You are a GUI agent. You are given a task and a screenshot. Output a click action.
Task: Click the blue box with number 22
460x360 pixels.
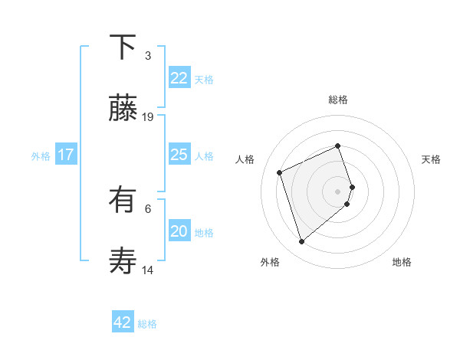tap(179, 78)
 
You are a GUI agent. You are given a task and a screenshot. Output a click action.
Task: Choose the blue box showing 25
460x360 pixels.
tap(179, 155)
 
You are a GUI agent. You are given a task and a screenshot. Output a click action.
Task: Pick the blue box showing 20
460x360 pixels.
tap(179, 231)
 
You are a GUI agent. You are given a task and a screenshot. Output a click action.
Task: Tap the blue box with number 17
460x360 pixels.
tap(65, 155)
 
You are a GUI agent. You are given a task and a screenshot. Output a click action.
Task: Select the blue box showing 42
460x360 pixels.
tap(123, 322)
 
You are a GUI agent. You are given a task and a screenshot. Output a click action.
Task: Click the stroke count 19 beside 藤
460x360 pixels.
tap(148, 117)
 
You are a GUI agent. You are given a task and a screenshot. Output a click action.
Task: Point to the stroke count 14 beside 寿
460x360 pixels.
tap(148, 270)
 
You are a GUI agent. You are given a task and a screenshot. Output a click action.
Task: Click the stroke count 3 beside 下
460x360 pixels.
tap(148, 56)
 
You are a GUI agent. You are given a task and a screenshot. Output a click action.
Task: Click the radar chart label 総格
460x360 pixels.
tap(338, 100)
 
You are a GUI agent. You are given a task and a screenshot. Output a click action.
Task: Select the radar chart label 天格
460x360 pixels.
tap(431, 159)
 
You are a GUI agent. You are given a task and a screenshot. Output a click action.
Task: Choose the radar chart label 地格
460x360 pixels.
tap(402, 262)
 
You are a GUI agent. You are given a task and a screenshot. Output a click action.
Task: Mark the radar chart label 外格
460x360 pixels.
tap(270, 262)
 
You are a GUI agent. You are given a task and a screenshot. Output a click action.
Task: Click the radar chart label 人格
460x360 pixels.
tap(245, 159)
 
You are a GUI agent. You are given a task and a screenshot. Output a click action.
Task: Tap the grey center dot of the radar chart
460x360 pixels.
tap(338, 190)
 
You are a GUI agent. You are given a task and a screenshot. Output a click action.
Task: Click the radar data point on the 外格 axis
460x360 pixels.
tap(301, 241)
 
